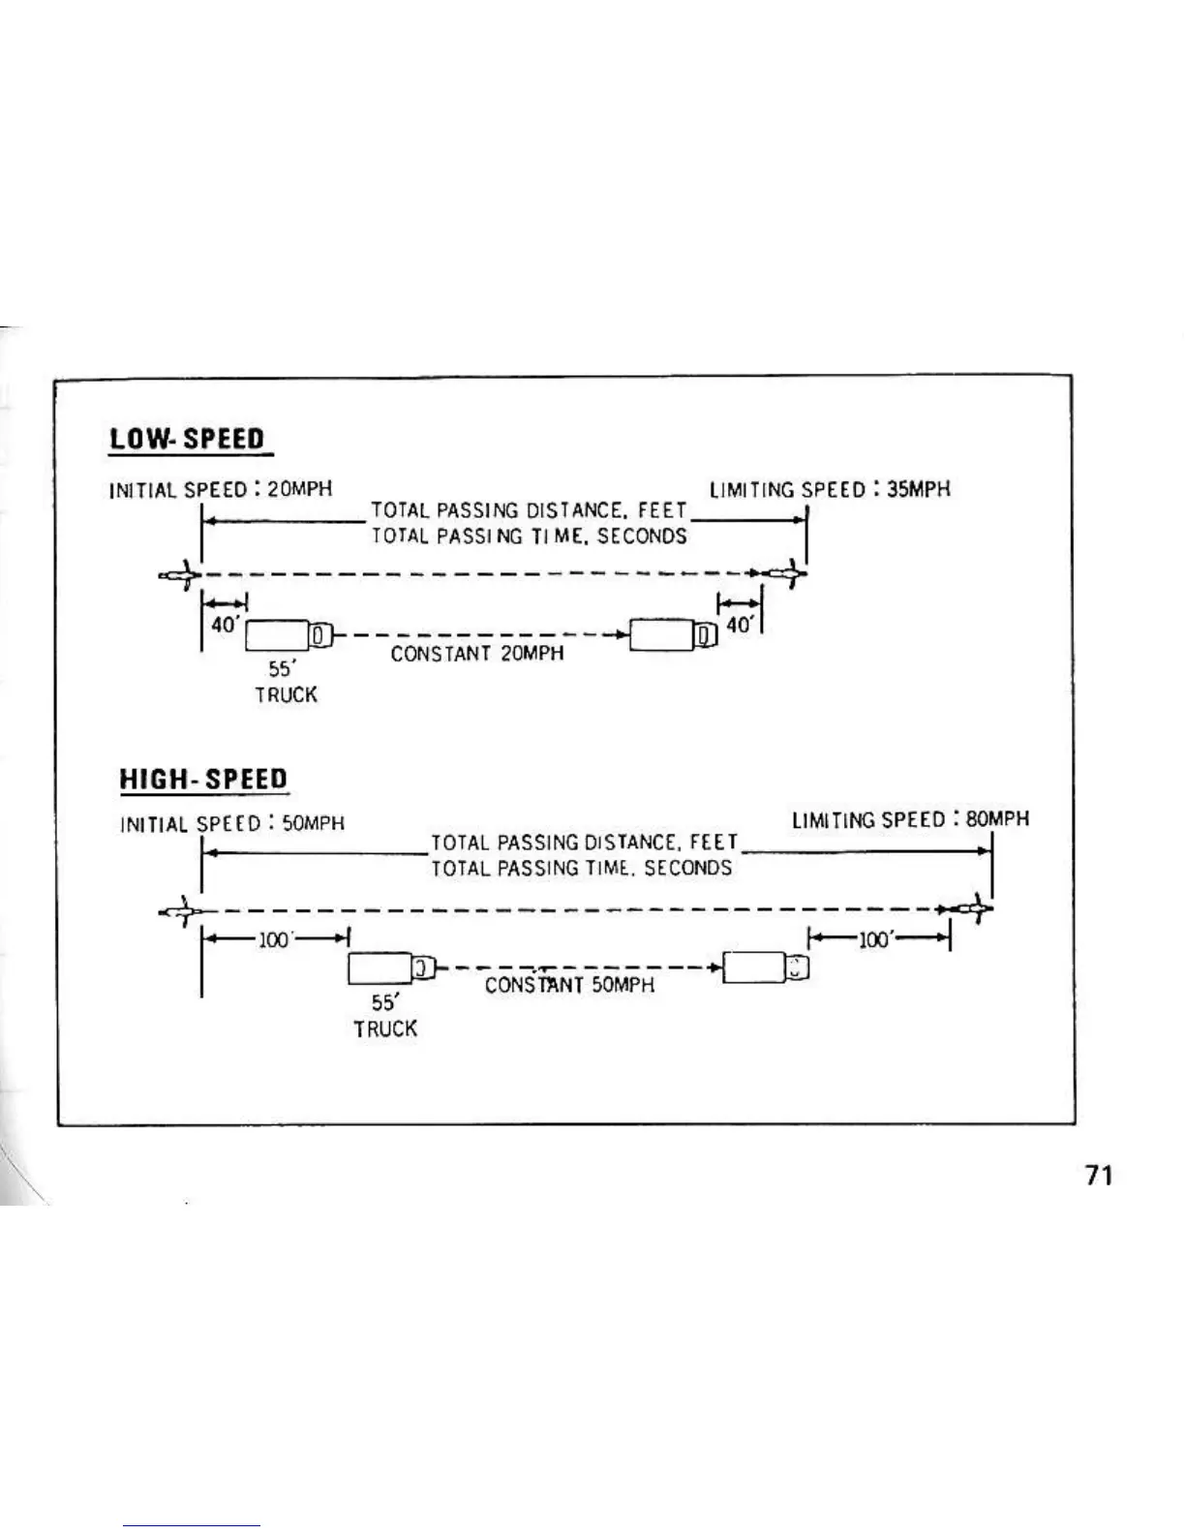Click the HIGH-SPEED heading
point(203,780)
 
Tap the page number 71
point(1099,1176)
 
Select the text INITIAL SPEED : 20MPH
point(221,489)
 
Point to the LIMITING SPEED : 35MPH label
point(830,489)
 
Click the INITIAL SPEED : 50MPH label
point(232,824)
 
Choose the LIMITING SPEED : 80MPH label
point(910,819)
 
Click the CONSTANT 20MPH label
point(476,654)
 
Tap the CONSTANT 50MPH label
point(569,986)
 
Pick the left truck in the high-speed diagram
point(392,968)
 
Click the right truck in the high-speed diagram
point(766,967)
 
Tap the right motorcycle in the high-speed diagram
point(968,909)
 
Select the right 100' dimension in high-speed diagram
point(878,938)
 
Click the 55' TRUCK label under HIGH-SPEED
point(384,1017)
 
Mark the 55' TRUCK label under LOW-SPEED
point(286,682)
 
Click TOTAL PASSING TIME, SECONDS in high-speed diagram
point(581,868)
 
